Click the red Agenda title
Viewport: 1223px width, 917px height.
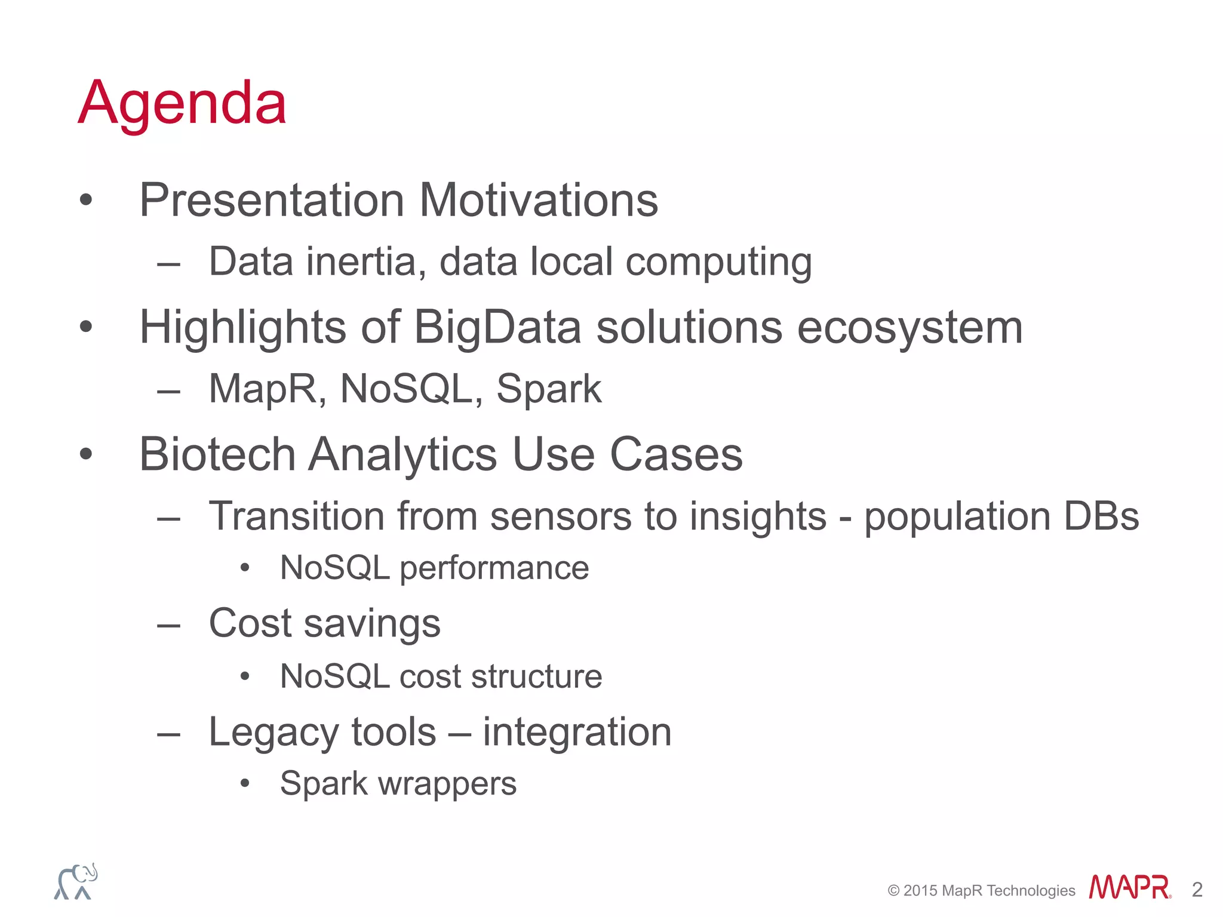(x=183, y=105)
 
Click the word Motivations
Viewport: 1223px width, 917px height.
(x=539, y=200)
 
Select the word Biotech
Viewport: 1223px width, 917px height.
(x=217, y=454)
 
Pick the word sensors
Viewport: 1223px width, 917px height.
(x=561, y=516)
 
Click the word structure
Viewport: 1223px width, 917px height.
(x=536, y=676)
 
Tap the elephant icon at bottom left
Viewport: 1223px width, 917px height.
(x=76, y=881)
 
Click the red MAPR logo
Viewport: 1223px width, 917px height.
(x=1130, y=887)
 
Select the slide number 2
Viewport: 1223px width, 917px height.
(x=1197, y=890)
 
